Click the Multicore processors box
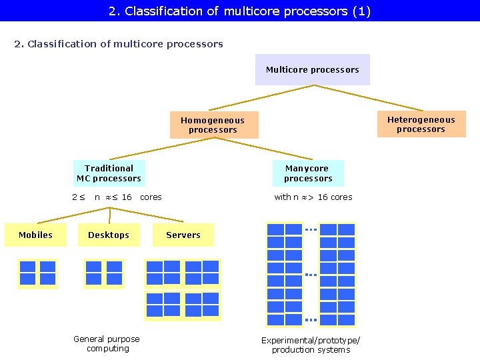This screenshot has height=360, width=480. point(312,70)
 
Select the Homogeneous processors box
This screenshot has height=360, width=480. point(213,125)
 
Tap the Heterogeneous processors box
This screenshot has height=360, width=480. point(421,125)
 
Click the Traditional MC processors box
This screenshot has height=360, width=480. point(109,173)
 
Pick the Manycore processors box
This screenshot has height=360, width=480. point(307,173)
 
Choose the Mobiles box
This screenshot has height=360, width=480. point(35,235)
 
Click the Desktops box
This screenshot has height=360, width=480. point(109,235)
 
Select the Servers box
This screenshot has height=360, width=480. point(183,235)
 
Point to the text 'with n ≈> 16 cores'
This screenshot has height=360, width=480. point(313,197)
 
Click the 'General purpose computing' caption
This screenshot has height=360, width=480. point(107,344)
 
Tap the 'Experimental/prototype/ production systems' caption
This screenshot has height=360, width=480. point(311,345)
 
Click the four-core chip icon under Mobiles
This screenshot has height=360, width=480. point(37,273)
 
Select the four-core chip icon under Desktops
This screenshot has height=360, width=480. point(104,273)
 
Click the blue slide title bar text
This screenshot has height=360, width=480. point(239,11)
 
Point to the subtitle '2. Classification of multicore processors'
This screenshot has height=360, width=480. point(119,44)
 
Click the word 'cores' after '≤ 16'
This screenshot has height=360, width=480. point(151,197)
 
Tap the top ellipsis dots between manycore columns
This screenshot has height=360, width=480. point(311,230)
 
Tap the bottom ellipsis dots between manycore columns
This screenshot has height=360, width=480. point(311,320)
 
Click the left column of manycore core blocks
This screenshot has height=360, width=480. point(285,275)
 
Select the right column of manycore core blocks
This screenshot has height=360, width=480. point(337,275)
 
